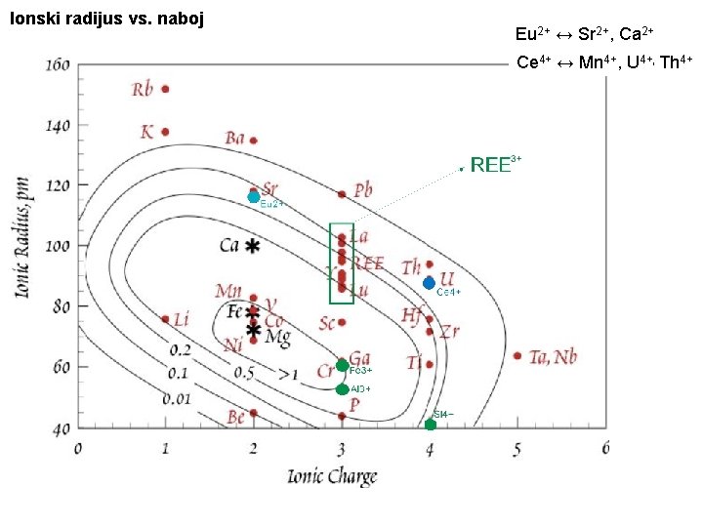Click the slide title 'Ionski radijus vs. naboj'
[x=105, y=19]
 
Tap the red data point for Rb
[x=165, y=89]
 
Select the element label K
[x=147, y=131]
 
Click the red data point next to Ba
[x=253, y=141]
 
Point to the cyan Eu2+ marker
[x=254, y=196]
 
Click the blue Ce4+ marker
[x=429, y=283]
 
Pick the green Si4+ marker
[x=431, y=424]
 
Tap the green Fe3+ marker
[x=343, y=366]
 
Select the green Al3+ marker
[x=343, y=389]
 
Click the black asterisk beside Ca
[x=253, y=247]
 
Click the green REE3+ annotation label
[x=496, y=164]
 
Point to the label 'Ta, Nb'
[x=553, y=356]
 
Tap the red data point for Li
[x=165, y=319]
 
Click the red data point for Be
[x=254, y=413]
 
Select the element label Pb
[x=363, y=189]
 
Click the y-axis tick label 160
[x=57, y=64]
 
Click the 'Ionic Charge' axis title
[x=331, y=476]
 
